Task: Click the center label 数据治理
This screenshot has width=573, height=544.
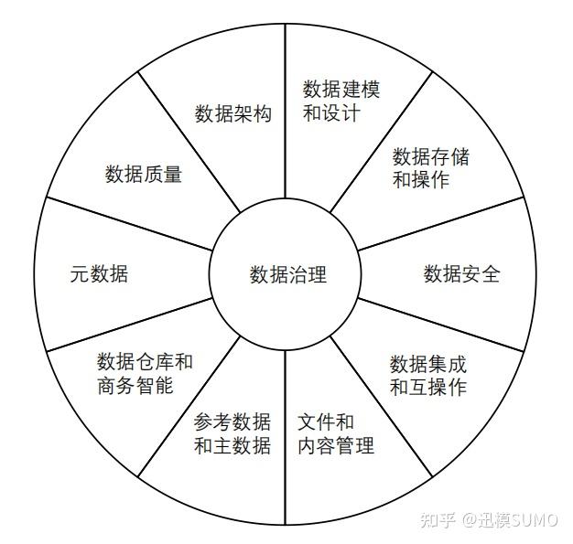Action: [x=287, y=274]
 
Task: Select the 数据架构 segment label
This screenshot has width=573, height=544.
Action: [x=233, y=114]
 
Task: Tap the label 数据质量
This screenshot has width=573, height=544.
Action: [x=144, y=174]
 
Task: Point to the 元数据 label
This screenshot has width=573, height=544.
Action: [x=99, y=273]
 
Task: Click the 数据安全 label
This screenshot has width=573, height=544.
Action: [x=461, y=273]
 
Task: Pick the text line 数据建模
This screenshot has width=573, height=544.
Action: [x=341, y=90]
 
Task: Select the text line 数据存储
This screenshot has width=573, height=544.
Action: [x=430, y=156]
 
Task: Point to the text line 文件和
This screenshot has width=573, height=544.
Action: [x=326, y=422]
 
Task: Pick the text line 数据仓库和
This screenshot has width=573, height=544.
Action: [x=145, y=362]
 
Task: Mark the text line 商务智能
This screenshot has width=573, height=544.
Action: [x=135, y=386]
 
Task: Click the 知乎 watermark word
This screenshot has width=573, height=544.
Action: [x=438, y=519]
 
